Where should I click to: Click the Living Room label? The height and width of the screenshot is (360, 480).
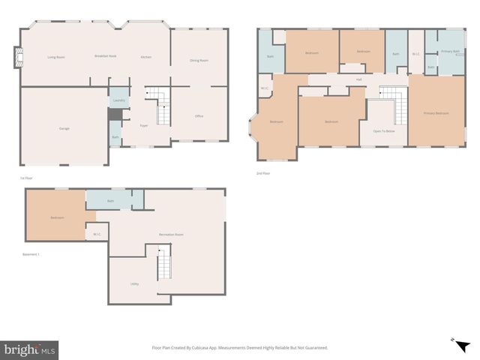pyautogui.click(x=56, y=57)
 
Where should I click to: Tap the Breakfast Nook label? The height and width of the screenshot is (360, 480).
pyautogui.click(x=105, y=57)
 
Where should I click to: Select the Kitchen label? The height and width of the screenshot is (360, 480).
pyautogui.click(x=146, y=57)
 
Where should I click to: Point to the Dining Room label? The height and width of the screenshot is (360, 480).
pyautogui.click(x=199, y=60)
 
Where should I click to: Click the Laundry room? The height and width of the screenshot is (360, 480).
pyautogui.click(x=118, y=100)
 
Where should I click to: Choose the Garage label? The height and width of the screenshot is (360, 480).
pyautogui.click(x=64, y=128)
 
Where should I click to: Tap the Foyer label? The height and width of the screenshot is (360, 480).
pyautogui.click(x=144, y=125)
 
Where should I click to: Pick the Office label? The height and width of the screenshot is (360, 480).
pyautogui.click(x=199, y=116)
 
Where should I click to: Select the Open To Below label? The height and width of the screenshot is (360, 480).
pyautogui.click(x=384, y=130)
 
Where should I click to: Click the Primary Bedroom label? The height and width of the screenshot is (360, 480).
pyautogui.click(x=436, y=113)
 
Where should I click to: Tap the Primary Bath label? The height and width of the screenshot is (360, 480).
pyautogui.click(x=451, y=51)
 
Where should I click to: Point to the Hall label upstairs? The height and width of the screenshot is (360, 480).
pyautogui.click(x=359, y=79)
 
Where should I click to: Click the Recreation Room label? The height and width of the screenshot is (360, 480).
pyautogui.click(x=171, y=235)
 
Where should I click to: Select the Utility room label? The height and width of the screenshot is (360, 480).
pyautogui.click(x=134, y=283)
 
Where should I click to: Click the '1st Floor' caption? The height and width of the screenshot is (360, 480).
pyautogui.click(x=26, y=178)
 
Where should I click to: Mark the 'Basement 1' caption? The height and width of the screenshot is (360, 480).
pyautogui.click(x=31, y=254)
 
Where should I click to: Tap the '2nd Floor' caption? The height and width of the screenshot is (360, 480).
pyautogui.click(x=262, y=173)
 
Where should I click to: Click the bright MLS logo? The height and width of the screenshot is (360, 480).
pyautogui.click(x=29, y=350)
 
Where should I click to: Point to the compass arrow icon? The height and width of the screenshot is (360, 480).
pyautogui.click(x=454, y=340)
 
